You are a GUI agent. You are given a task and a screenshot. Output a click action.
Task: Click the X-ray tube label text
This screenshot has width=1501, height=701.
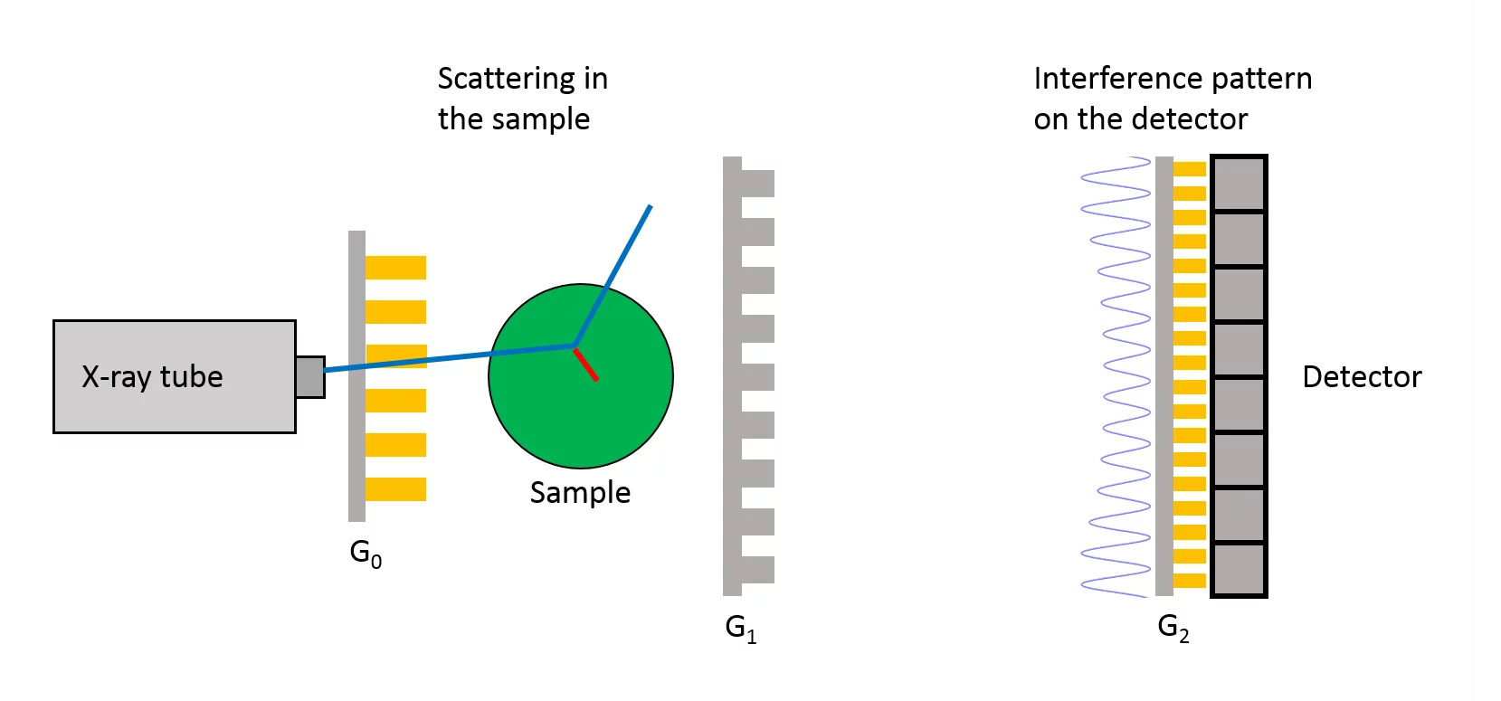point(152,376)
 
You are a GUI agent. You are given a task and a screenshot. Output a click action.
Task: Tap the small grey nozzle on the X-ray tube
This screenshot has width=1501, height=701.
point(309,376)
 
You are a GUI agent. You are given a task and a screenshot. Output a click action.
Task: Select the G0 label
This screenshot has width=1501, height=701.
point(366,554)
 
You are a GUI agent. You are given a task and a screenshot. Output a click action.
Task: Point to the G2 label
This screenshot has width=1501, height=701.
point(1173,628)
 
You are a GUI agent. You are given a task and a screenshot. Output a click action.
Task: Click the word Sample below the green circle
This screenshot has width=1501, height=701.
point(580,493)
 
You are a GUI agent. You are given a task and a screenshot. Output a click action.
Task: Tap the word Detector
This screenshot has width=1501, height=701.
point(1362,376)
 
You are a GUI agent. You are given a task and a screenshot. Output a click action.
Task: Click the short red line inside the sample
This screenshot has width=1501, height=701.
point(586,365)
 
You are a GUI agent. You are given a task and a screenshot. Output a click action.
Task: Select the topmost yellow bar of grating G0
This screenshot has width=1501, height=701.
point(395,268)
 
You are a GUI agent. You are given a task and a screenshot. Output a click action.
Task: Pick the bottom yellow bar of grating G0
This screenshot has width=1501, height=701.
point(395,489)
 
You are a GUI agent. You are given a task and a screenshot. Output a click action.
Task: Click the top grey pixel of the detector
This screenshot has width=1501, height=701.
point(1238,184)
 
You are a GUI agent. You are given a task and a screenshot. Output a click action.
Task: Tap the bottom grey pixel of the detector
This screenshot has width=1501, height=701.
point(1238,569)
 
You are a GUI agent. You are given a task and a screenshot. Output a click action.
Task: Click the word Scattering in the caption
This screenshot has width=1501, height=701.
point(506,80)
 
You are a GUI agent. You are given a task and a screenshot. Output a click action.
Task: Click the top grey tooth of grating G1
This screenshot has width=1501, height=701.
point(757,183)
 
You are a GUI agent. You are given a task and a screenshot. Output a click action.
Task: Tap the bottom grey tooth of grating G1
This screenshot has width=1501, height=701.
point(757,569)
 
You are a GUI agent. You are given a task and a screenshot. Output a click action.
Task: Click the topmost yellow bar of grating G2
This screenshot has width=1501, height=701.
point(1190,169)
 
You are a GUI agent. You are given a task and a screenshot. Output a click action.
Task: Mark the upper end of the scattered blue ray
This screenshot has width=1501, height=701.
point(649,208)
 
